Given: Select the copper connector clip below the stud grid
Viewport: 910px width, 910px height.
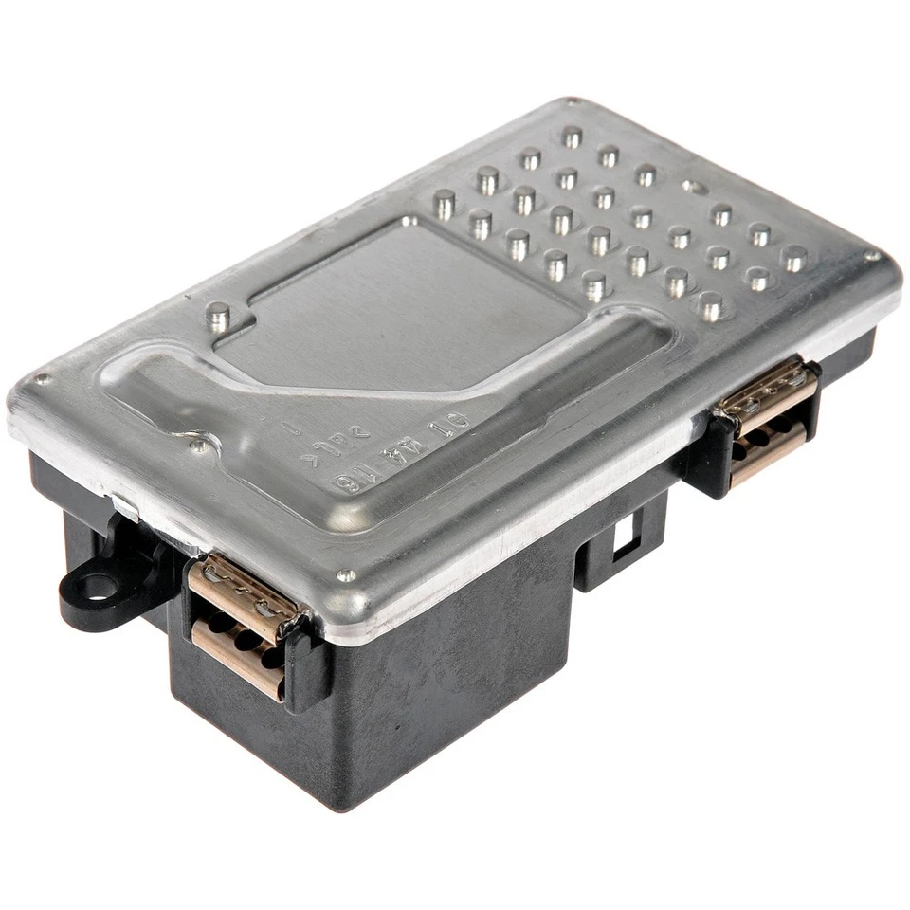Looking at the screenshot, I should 768,417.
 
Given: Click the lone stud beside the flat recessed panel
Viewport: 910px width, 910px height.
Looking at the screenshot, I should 219,317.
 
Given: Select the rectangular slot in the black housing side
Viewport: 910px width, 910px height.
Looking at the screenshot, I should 621,538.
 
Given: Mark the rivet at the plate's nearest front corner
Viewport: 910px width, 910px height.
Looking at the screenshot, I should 347,575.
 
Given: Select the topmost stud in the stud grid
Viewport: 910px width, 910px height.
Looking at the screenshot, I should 572,136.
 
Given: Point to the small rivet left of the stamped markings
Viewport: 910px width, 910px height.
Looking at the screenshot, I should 197,444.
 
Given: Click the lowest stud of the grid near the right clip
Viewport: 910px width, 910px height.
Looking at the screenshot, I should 710,305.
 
